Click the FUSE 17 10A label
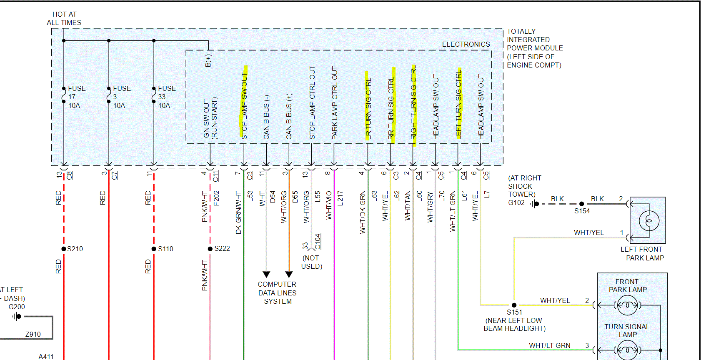(76, 97)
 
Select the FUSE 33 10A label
(166, 97)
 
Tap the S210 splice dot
(64, 249)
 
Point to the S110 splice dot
(154, 249)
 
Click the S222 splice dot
(210, 249)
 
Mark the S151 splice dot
(514, 305)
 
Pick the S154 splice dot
(582, 204)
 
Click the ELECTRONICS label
(466, 44)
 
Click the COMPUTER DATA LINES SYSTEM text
(277, 293)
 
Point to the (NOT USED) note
(311, 262)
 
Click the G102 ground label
(516, 203)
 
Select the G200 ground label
(17, 307)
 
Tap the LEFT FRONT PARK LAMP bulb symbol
(648, 220)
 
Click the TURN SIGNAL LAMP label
(627, 330)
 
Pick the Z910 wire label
(33, 334)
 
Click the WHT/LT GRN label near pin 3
(549, 345)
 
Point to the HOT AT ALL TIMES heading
(64, 18)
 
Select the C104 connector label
(318, 242)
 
